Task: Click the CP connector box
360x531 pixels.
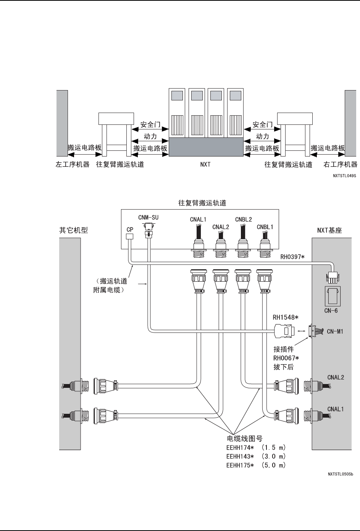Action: [x=129, y=236]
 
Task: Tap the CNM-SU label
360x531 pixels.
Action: [x=149, y=217]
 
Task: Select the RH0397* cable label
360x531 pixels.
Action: [x=292, y=257]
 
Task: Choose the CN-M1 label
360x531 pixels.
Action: [x=335, y=331]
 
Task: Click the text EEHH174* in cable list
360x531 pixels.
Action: [x=240, y=448]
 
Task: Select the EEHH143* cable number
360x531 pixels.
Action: [x=240, y=456]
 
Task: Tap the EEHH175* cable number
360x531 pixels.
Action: [x=240, y=465]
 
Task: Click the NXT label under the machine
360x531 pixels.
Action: [x=205, y=165]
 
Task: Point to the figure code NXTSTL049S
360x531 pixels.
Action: [x=344, y=176]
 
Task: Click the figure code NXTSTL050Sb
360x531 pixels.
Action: [x=341, y=474]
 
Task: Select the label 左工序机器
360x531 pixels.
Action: [x=73, y=165]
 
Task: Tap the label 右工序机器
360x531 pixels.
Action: [x=340, y=165]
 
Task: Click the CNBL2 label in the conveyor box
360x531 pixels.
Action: [x=244, y=220]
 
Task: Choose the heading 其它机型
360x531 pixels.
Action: [x=73, y=230]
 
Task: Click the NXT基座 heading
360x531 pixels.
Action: [x=329, y=230]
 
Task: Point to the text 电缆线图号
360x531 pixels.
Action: [x=245, y=439]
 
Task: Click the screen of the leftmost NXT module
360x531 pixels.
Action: [x=177, y=95]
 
